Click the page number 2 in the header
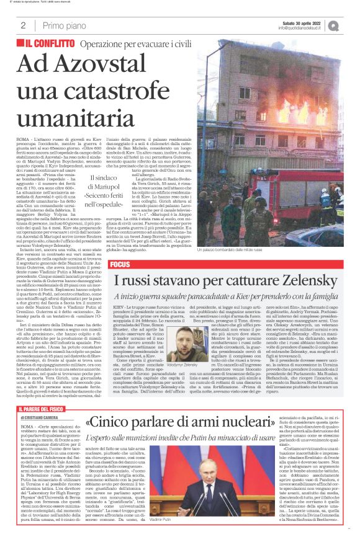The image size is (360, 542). pos(23,25)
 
